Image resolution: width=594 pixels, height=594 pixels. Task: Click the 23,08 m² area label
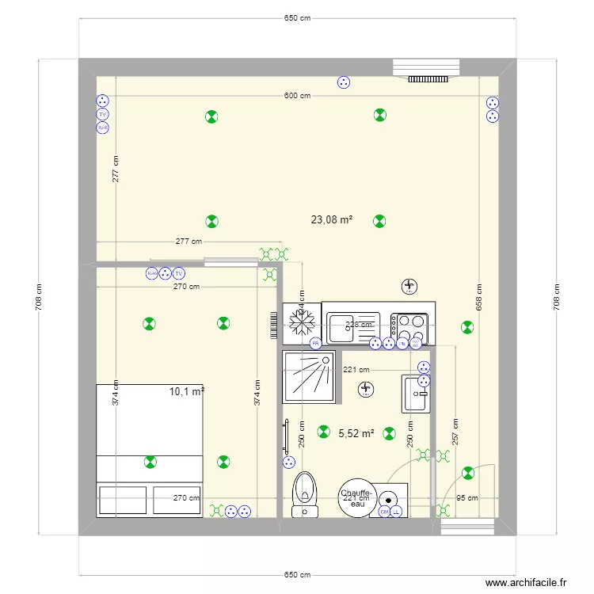[332, 220]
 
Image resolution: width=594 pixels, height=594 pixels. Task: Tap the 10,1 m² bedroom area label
[187, 390]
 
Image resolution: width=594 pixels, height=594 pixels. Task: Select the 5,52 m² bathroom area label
[356, 433]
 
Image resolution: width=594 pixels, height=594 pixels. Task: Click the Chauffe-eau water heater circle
[356, 498]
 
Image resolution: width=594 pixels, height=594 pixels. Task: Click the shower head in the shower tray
[323, 361]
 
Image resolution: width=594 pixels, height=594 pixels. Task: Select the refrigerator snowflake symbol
[301, 322]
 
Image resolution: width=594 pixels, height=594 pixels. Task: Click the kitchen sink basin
[343, 323]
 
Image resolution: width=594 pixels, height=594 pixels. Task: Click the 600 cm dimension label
[297, 96]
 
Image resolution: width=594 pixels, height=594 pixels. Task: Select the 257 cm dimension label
[455, 432]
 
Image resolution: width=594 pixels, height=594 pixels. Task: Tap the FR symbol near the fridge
[314, 343]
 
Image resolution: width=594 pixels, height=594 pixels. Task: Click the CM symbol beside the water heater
[384, 512]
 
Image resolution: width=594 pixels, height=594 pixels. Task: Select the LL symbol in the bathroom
[396, 512]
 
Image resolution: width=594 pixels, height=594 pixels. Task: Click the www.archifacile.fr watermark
[526, 582]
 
